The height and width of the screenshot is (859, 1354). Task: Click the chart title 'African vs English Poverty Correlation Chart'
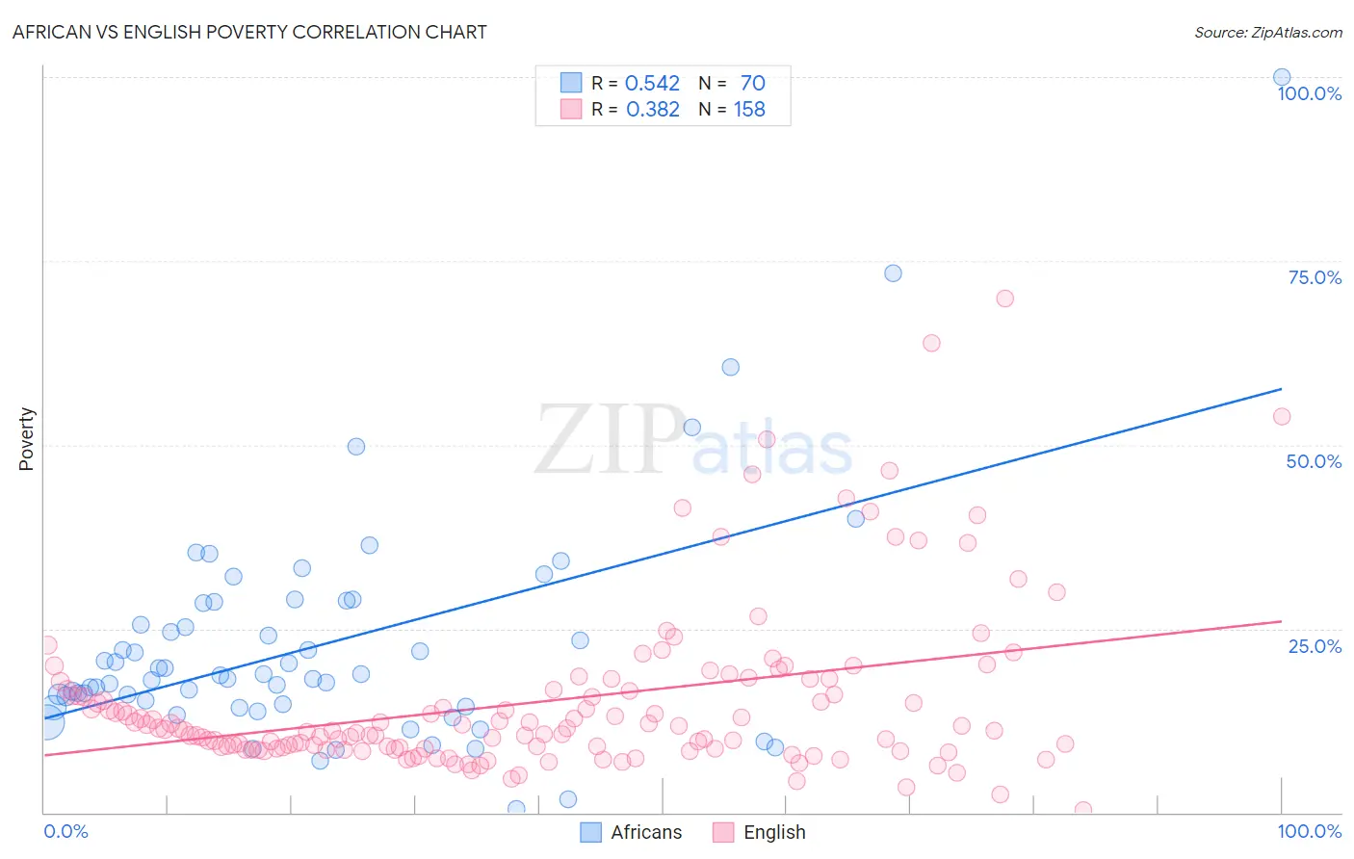tap(249, 32)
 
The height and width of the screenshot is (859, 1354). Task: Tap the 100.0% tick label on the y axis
tap(1309, 93)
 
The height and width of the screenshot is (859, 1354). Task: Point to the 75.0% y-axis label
tap(1315, 277)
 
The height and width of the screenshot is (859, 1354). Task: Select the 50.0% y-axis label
tap(1314, 461)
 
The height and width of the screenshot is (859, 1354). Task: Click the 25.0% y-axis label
tap(1315, 645)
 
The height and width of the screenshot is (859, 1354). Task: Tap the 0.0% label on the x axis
tap(65, 831)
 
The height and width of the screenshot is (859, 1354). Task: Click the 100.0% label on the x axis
tap(1309, 831)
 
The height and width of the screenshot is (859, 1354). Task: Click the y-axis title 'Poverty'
tap(26, 439)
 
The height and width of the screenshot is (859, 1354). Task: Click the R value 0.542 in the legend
tap(652, 84)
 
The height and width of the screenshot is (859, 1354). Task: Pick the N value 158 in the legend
tap(749, 110)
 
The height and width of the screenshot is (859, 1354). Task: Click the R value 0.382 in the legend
tap(652, 110)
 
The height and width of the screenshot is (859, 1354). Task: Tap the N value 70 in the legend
tap(752, 84)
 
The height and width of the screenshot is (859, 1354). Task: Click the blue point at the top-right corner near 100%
tap(1282, 77)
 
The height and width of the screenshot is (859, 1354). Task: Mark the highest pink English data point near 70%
tap(1004, 299)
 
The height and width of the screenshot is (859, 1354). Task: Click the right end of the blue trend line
tap(1281, 389)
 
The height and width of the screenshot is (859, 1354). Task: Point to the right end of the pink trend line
tap(1281, 622)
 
